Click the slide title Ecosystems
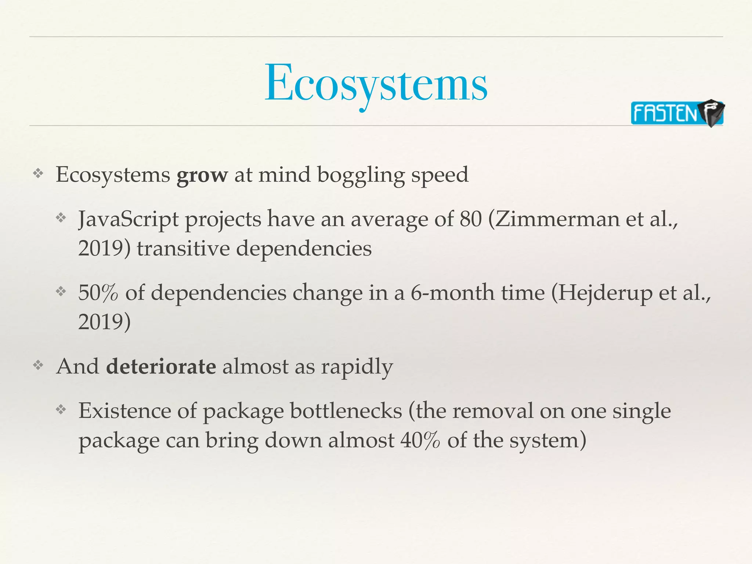click(376, 84)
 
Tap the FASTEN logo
click(676, 113)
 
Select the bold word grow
click(202, 175)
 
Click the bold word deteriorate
click(161, 366)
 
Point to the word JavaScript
click(128, 219)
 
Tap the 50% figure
click(98, 293)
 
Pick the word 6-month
click(452, 293)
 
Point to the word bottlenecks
click(346, 411)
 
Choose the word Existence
click(124, 411)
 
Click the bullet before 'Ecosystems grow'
click(38, 173)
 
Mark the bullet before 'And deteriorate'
click(38, 365)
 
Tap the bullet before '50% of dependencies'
click(61, 292)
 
